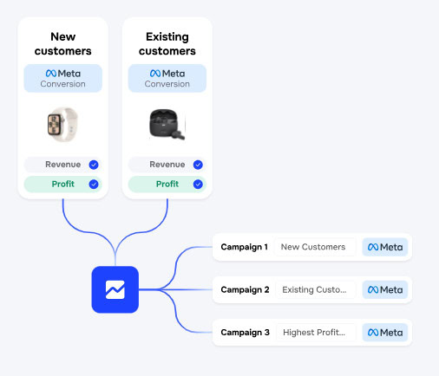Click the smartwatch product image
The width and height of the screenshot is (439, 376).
pos(62,125)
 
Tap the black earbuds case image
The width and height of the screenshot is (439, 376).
pos(167,124)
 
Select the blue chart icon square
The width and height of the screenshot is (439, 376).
pos(115,289)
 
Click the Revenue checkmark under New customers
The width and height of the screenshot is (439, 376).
pos(94,165)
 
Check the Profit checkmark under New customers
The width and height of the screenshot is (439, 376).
pos(94,185)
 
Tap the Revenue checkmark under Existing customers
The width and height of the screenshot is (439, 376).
pos(198,165)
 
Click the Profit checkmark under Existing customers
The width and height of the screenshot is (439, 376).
pos(198,185)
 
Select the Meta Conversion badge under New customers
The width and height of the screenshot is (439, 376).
pos(63,78)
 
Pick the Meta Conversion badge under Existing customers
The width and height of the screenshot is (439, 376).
pos(167,78)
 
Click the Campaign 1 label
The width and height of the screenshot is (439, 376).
pos(245,247)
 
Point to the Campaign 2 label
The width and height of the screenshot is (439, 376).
pos(245,289)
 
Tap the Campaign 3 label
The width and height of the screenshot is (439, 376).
pos(245,333)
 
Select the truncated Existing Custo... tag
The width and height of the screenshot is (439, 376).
pos(315,289)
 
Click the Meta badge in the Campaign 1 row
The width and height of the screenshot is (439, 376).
pos(385,247)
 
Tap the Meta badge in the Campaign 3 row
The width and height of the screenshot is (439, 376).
pos(385,333)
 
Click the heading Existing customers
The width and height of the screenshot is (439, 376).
pos(167,44)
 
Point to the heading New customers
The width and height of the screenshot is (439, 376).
pos(63,44)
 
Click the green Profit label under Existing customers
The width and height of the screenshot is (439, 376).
pos(167,184)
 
